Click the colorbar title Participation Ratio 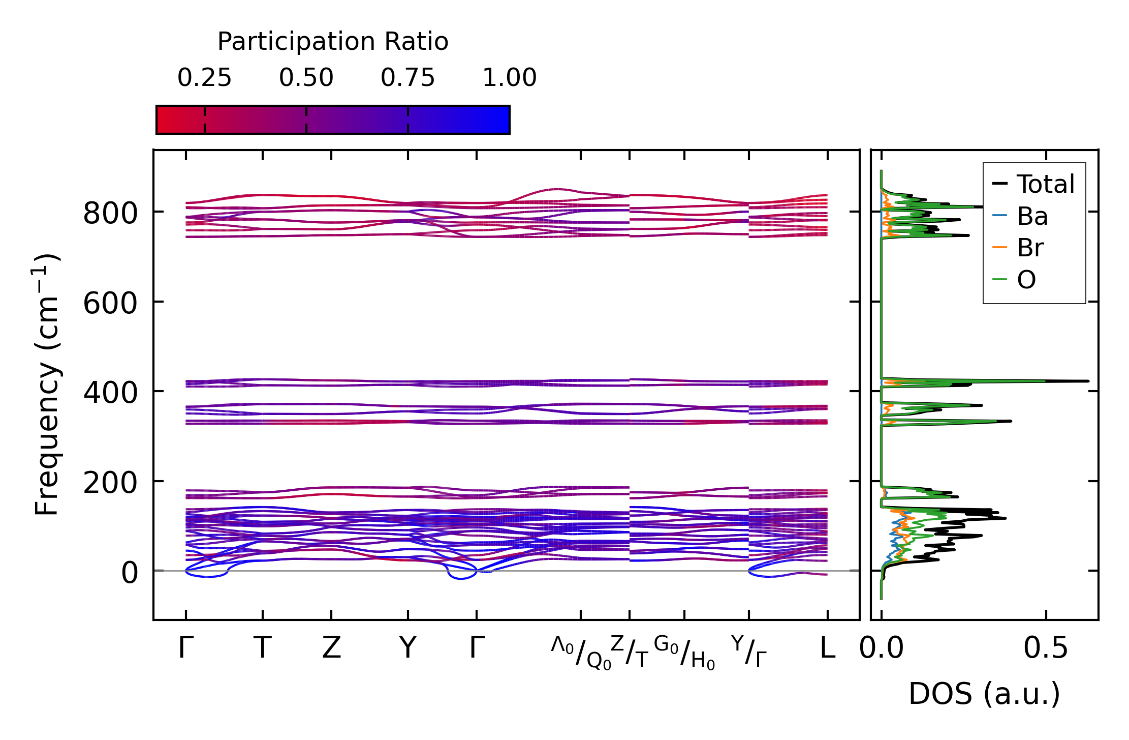click(x=333, y=42)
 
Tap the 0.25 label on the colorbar click(x=204, y=78)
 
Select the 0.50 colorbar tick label click(x=306, y=78)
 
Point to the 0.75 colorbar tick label click(x=407, y=78)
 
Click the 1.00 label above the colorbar click(x=509, y=78)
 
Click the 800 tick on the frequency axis click(x=110, y=214)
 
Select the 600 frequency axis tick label click(x=110, y=304)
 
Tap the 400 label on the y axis click(x=110, y=393)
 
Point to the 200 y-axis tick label click(x=110, y=483)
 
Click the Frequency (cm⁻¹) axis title click(x=47, y=384)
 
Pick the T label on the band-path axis click(x=262, y=648)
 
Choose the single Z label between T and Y click(x=331, y=648)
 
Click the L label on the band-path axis click(x=828, y=648)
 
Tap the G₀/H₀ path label click(x=684, y=653)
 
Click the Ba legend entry click(x=1032, y=216)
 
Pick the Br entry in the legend click(x=1030, y=248)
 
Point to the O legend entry click(x=1026, y=280)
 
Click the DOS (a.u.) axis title click(x=984, y=694)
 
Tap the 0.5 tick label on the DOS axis click(x=1046, y=648)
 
